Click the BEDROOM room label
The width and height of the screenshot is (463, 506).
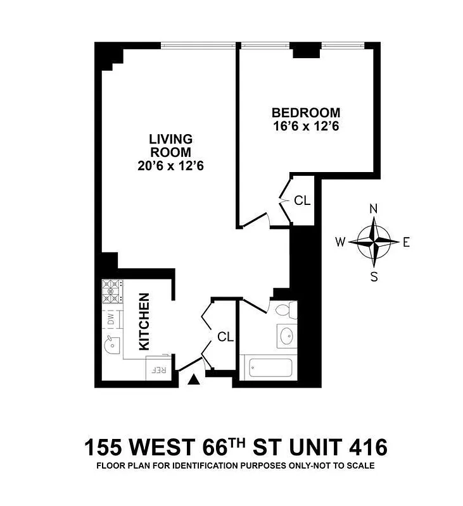(x=306, y=113)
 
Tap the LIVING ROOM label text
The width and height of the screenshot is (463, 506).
(x=170, y=145)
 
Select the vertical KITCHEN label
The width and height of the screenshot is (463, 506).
(x=144, y=321)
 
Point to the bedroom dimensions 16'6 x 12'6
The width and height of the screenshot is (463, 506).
(x=306, y=126)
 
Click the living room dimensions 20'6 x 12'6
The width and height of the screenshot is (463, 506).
(x=170, y=166)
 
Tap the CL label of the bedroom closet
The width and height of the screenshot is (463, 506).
(x=302, y=201)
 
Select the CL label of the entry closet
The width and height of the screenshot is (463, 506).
(x=225, y=337)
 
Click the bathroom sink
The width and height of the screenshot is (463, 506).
(x=286, y=336)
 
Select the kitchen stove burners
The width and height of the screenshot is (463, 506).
(x=111, y=292)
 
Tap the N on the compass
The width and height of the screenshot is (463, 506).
(x=374, y=209)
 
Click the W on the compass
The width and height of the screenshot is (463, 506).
(x=340, y=242)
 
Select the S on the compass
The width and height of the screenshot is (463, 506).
(x=374, y=276)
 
